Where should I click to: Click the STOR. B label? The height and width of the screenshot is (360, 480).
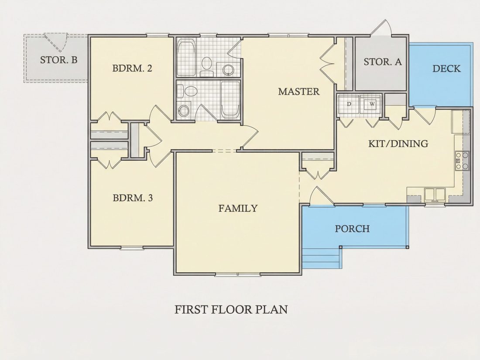58,60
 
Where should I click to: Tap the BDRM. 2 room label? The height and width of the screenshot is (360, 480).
132,68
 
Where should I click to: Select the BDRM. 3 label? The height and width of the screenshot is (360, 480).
133,198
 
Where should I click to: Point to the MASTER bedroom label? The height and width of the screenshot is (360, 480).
298,91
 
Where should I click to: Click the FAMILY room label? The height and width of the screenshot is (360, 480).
238,208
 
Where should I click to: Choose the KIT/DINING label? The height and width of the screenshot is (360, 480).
398,143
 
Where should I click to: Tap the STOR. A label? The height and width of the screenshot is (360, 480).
383,62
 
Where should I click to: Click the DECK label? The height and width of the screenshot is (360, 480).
446,68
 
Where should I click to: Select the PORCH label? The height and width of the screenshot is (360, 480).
352,228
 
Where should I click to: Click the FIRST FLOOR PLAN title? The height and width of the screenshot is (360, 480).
231,309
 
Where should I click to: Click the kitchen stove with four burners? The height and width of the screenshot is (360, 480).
462,161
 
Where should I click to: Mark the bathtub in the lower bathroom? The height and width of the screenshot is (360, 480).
230,99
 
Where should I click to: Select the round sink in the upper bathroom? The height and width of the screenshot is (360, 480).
228,69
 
